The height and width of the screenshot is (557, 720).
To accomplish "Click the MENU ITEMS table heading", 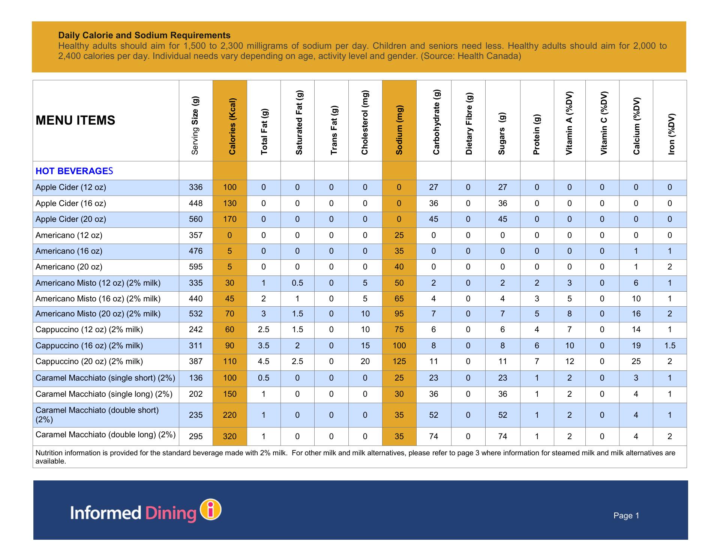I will [x=75, y=120].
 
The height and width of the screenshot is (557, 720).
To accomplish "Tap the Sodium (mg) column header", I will [x=399, y=130].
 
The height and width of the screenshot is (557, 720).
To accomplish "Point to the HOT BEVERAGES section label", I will [x=74, y=171].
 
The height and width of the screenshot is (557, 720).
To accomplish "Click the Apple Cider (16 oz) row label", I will [x=71, y=203].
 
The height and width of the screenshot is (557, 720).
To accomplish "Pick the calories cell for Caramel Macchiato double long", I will [x=229, y=436].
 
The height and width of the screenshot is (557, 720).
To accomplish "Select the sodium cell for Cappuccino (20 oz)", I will [x=399, y=361].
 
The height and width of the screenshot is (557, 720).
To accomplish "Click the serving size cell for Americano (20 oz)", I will [x=196, y=267].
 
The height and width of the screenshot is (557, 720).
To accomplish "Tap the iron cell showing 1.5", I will [x=670, y=346].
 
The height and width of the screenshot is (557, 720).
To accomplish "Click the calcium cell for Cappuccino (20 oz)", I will [x=636, y=361].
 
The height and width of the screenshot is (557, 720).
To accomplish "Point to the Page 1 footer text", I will [x=626, y=516].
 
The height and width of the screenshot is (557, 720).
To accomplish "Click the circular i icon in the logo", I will [x=211, y=510].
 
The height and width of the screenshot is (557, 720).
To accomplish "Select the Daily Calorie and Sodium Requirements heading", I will [x=144, y=35].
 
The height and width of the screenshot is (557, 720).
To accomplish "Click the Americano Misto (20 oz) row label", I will [x=98, y=314].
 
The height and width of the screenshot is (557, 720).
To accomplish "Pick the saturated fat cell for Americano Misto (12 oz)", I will [x=297, y=283].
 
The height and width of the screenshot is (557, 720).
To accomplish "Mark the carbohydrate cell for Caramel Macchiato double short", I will [x=433, y=415].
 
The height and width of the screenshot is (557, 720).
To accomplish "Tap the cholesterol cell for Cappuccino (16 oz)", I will [x=365, y=346].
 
